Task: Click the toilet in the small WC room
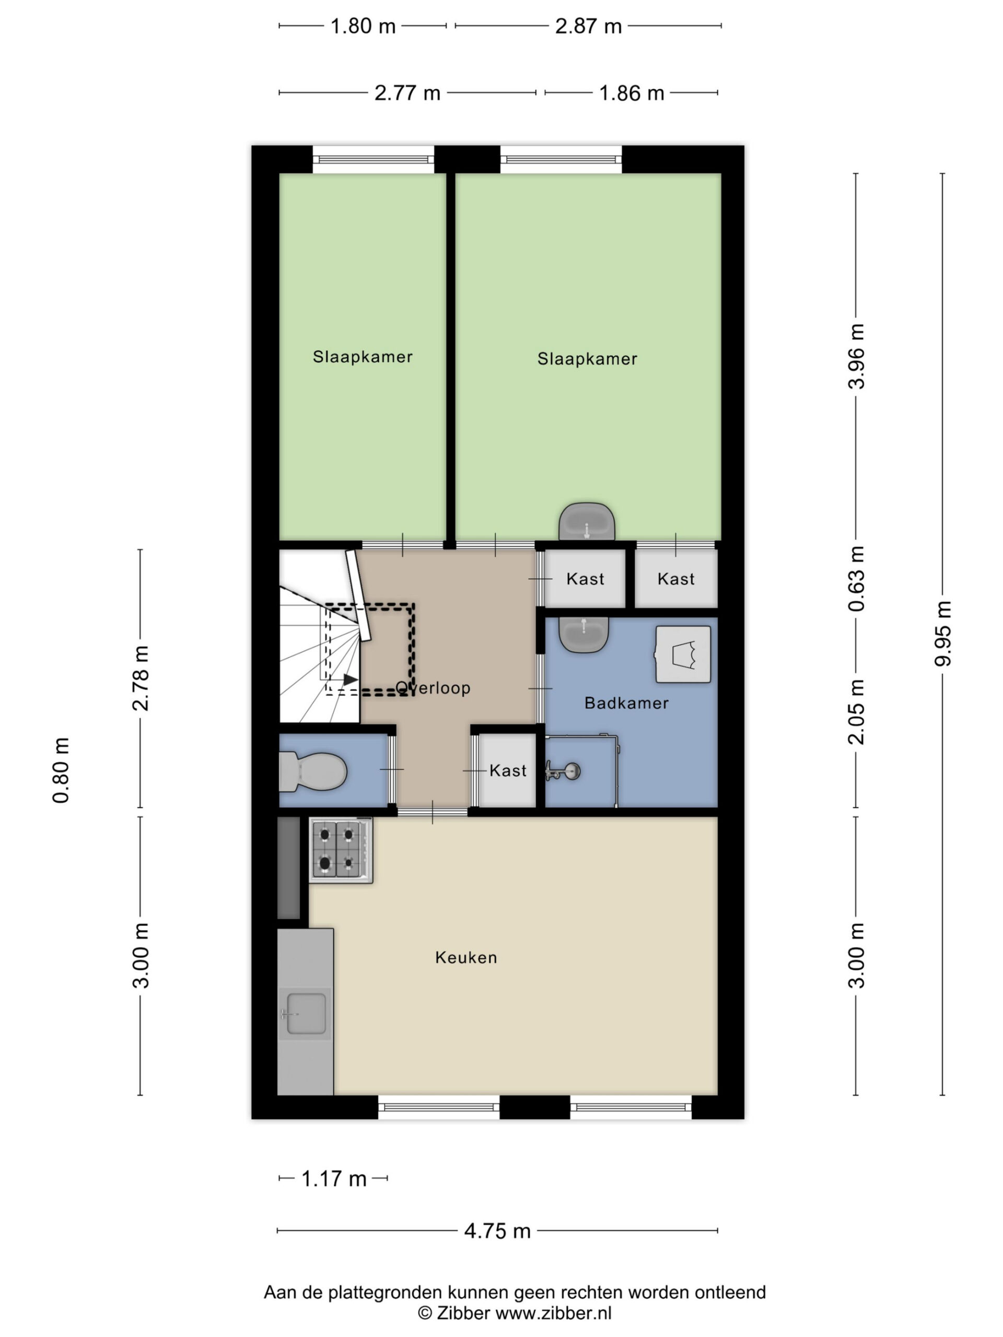(312, 772)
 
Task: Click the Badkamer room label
(626, 703)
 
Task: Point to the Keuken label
(466, 957)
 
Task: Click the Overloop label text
(433, 688)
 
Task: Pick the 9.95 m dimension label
(943, 634)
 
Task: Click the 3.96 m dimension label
(857, 357)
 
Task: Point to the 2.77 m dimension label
(407, 93)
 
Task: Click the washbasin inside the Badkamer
(585, 634)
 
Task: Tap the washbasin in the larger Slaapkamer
(587, 521)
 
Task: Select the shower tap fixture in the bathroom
(563, 771)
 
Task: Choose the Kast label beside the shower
(508, 771)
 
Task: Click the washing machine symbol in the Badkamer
(683, 654)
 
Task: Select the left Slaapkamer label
(363, 357)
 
